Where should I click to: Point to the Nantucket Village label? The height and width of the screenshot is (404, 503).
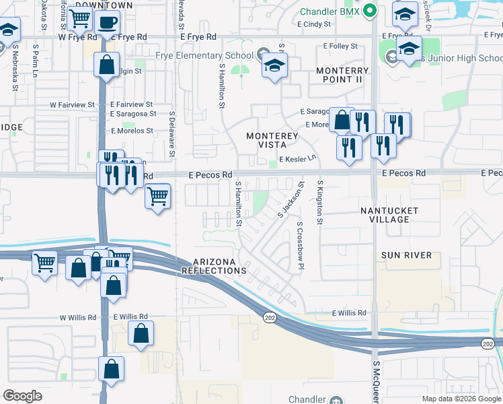click(389, 215)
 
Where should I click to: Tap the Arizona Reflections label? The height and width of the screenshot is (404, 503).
click(215, 266)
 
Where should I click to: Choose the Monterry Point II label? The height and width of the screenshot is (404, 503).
click(342, 75)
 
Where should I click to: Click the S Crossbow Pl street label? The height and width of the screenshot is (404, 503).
click(301, 246)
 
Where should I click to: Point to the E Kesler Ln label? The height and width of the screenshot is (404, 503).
click(293, 159)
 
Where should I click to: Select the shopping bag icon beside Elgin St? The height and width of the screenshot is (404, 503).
click(106, 66)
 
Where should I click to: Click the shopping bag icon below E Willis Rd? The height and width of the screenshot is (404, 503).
click(141, 333)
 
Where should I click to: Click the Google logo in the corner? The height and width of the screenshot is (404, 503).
click(22, 396)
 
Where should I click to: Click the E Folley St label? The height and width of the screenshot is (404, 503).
click(340, 46)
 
